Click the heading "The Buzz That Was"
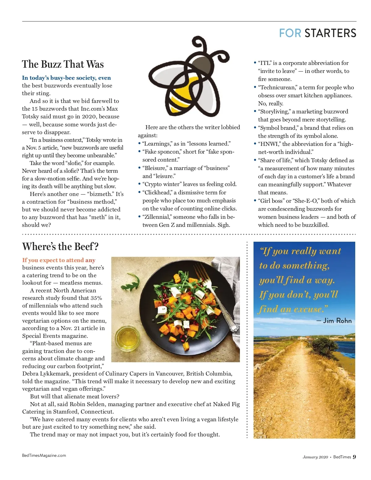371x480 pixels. [x=63, y=64]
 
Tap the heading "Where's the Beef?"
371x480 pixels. [x=60, y=247]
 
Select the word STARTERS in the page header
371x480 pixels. [x=330, y=33]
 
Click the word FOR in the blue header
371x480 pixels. [x=290, y=33]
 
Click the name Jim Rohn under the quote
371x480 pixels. [x=337, y=321]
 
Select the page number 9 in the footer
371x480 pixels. [x=354, y=457]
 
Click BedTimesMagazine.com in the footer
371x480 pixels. [x=44, y=455]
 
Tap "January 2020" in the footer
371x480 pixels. [x=315, y=457]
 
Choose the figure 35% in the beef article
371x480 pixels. [x=96, y=298]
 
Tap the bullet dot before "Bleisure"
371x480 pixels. [x=139, y=168]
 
